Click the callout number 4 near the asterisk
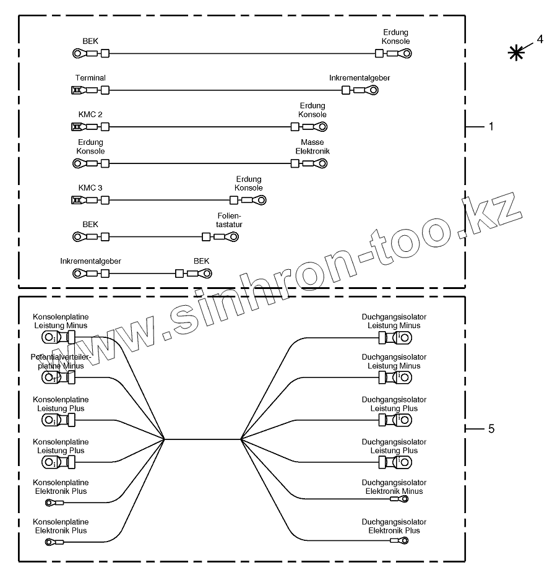540,39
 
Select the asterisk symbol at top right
515,54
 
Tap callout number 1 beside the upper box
491,126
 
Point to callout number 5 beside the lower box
491,428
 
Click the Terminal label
90,78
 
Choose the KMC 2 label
90,114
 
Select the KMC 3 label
90,188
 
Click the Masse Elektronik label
312,147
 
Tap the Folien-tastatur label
225,220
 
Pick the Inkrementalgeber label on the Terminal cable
360,78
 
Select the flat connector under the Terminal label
77,91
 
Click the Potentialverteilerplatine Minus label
61,361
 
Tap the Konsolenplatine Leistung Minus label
61,321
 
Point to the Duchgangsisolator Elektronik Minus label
394,487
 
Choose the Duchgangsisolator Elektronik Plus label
394,526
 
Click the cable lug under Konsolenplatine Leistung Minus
50,338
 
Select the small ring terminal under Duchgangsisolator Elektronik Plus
403,540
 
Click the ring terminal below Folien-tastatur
234,237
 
